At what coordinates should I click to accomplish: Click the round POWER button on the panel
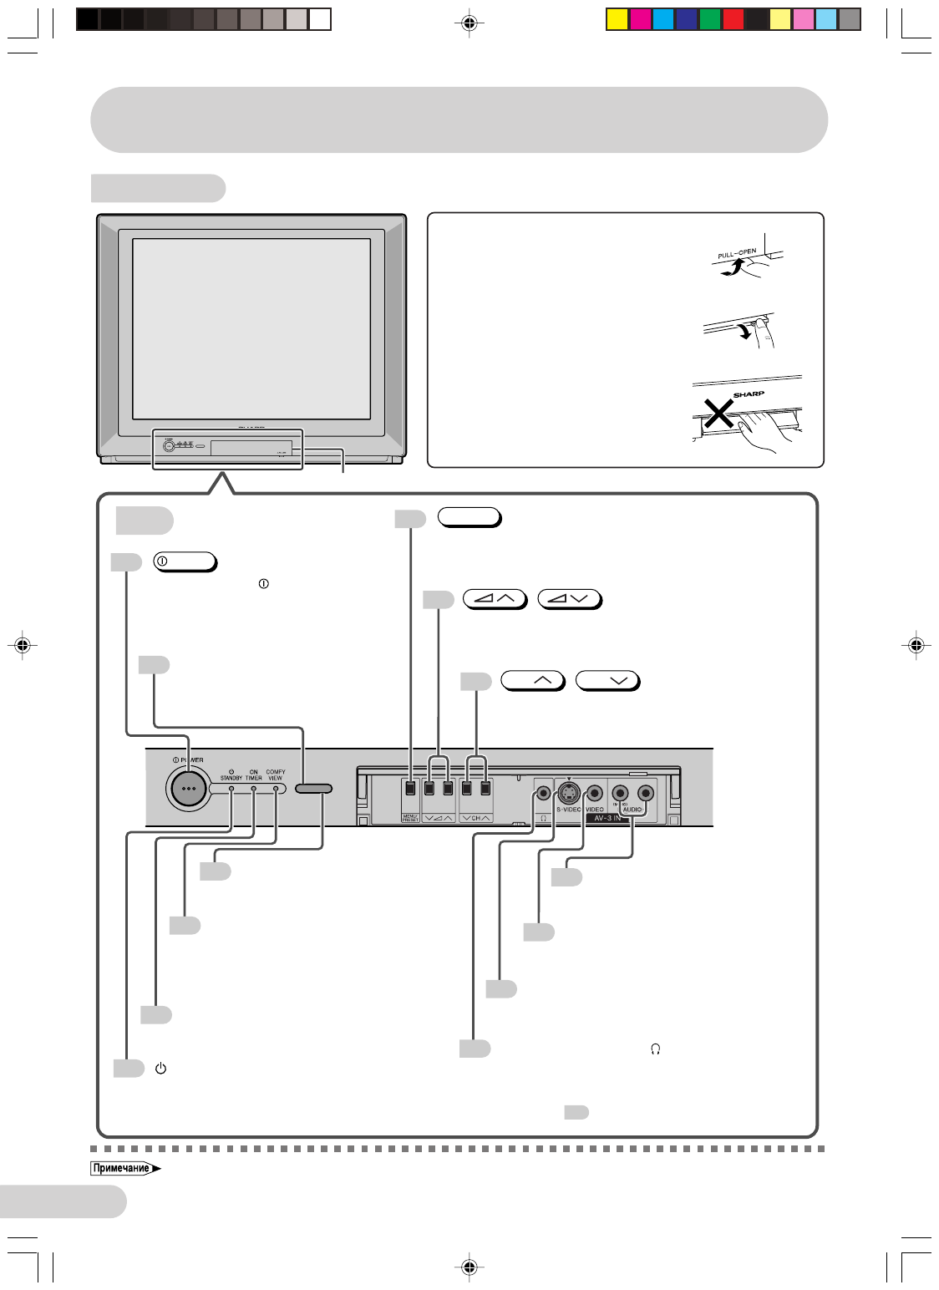pos(187,788)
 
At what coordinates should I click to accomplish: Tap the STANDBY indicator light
pos(231,788)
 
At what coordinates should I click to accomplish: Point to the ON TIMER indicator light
pos(254,788)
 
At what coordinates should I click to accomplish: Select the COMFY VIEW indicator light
pos(276,788)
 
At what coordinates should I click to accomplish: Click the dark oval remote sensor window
pos(313,789)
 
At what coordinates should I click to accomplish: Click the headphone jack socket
pos(544,793)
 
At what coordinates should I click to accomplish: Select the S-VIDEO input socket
pos(569,793)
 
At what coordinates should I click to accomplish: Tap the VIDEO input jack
pos(594,793)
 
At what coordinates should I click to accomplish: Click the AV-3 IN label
pos(607,819)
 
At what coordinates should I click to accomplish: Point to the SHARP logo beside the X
pos(749,394)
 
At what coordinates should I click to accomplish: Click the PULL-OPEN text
pos(737,253)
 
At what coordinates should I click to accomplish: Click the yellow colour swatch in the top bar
pos(617,19)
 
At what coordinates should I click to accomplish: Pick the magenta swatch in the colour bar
pos(641,19)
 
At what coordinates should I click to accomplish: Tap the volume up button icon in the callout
pos(495,598)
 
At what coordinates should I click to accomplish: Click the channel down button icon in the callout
pos(607,681)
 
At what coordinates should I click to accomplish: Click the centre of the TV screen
pos(251,328)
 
